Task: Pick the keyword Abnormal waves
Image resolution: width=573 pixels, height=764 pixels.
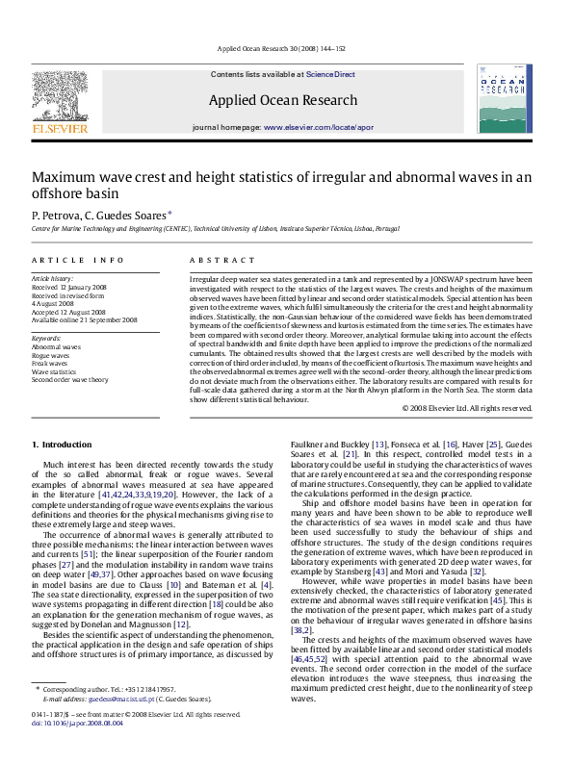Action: [56, 344]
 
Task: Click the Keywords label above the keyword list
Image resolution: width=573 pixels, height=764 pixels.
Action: [47, 335]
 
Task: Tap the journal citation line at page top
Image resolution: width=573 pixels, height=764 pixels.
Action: [286, 48]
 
